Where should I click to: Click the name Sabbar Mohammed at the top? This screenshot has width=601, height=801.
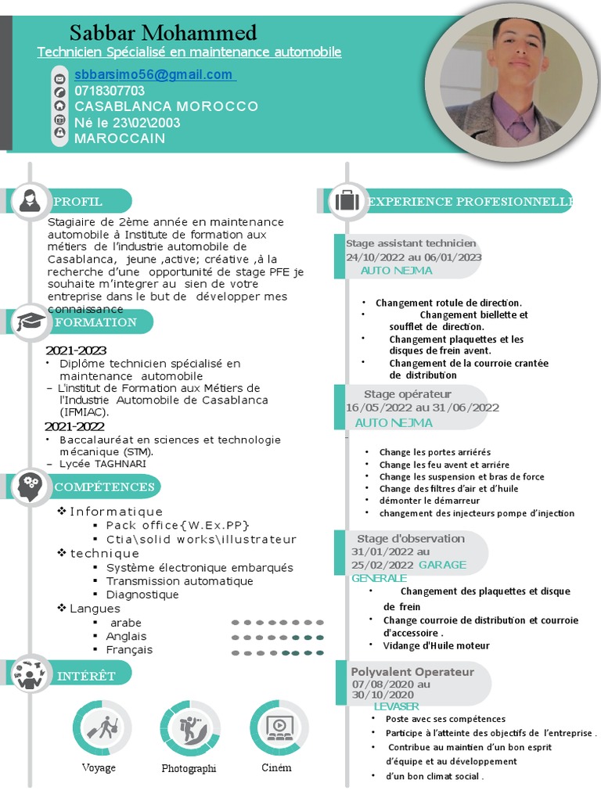163,33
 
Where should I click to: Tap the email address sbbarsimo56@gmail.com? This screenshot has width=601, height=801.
155,74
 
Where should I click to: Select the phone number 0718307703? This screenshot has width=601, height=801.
110,91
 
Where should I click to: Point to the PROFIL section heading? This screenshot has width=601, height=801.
78,201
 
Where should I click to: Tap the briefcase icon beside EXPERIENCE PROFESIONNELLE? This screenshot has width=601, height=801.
347,201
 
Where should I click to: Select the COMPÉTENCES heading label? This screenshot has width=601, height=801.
105,487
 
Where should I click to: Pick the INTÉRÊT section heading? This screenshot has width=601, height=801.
86,676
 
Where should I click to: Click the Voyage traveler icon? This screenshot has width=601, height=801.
104,728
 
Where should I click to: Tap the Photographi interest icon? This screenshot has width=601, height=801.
190,728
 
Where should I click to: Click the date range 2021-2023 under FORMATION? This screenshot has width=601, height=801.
76,350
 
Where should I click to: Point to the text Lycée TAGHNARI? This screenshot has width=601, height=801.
103,463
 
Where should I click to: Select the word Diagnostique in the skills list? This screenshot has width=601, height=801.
142,594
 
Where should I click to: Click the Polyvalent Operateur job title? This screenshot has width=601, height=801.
412,672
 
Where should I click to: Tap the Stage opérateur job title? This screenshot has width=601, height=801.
408,394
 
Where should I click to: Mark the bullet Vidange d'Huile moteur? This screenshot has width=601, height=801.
436,645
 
